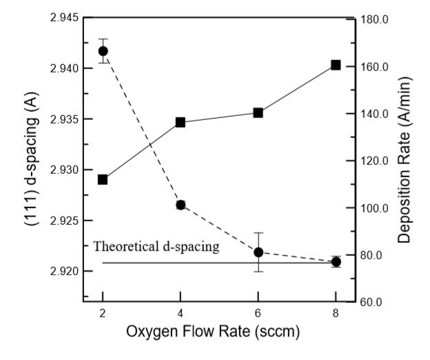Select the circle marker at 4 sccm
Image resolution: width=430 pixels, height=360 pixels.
181,205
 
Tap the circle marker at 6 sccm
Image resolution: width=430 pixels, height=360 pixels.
258,252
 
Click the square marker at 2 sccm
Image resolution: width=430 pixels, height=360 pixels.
103,179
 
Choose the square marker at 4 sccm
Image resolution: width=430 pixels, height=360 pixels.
181,122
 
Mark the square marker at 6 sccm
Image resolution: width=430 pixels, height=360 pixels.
258,112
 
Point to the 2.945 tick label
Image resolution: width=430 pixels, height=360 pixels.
59,17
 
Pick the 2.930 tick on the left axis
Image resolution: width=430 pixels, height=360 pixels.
59,170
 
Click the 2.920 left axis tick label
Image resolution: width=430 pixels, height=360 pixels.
59,271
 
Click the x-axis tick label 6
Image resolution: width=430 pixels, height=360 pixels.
258,312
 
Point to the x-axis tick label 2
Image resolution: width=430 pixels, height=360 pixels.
103,312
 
